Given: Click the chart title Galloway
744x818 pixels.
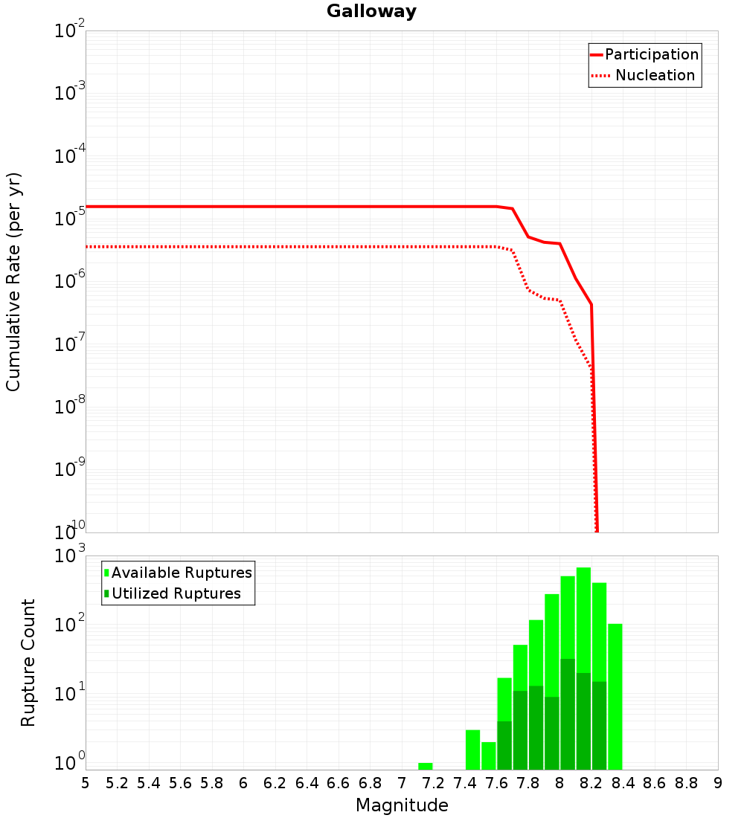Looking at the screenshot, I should click(371, 11).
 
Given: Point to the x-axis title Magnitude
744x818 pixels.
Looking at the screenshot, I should click(402, 805).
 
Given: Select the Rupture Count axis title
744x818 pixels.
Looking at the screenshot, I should click(28, 663).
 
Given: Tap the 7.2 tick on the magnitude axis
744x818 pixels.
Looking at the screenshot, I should click(433, 783).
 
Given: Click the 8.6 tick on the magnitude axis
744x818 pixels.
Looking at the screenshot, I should click(655, 783).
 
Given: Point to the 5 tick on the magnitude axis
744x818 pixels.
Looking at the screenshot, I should click(86, 783).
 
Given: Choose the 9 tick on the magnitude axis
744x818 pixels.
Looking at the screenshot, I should click(718, 783).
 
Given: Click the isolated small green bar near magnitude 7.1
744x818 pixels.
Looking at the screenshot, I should click(425, 766).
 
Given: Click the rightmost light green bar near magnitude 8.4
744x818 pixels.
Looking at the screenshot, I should click(615, 696).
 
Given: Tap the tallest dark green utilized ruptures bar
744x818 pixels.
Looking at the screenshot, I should click(568, 714).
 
